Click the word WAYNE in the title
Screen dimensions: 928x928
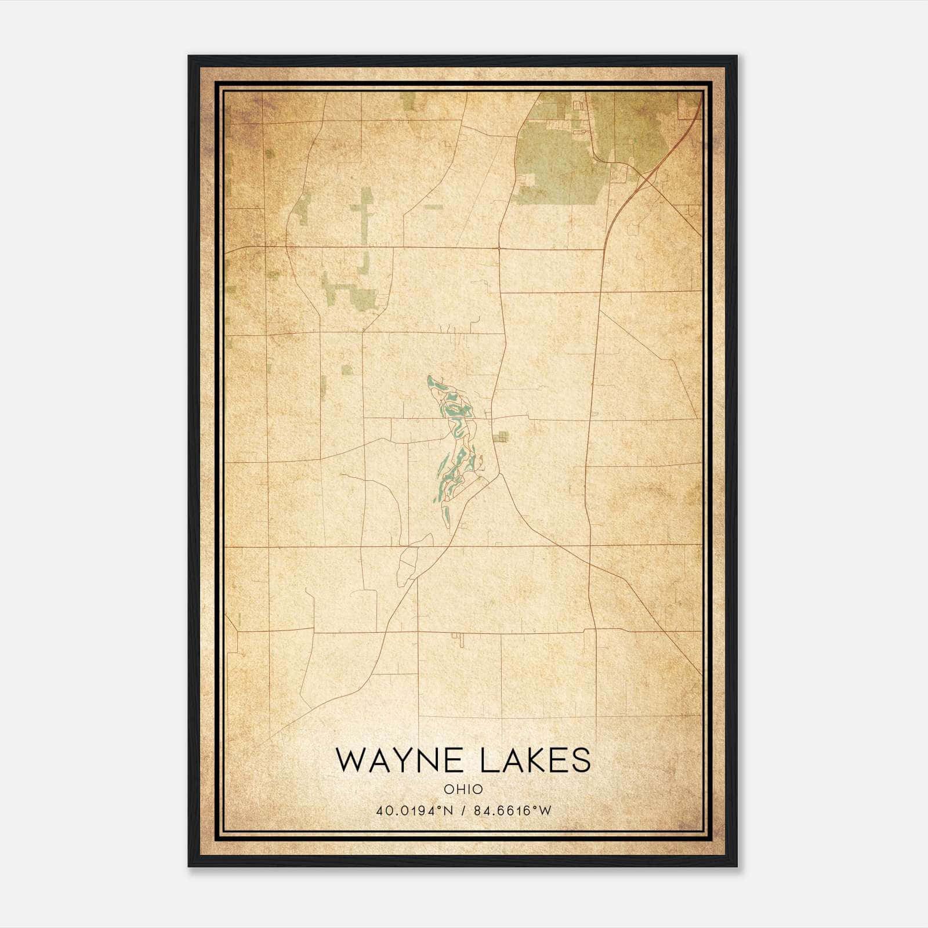[x=401, y=760]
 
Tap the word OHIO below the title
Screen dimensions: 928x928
[x=463, y=789]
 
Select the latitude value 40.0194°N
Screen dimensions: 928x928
[x=413, y=811]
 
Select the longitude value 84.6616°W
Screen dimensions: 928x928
[x=513, y=811]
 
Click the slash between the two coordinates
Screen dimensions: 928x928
[x=463, y=811]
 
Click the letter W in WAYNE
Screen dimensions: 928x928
[x=351, y=760]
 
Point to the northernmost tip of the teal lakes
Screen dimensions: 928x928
[x=429, y=377]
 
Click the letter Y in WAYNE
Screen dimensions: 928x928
[x=415, y=760]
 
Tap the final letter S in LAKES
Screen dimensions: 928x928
[x=581, y=760]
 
